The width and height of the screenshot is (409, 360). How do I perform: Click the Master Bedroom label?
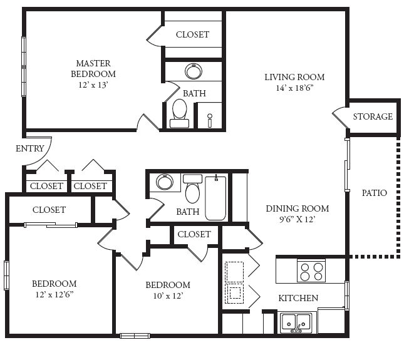tap(93, 69)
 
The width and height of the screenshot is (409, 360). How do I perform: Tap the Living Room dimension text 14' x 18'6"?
tap(294, 88)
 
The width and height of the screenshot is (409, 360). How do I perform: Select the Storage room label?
tap(373, 116)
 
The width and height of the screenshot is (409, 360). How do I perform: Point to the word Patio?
tap(375, 193)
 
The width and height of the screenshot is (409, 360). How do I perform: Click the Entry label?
tap(30, 148)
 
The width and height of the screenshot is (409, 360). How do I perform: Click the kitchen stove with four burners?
tap(311, 271)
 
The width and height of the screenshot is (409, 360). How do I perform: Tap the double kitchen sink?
tap(296, 323)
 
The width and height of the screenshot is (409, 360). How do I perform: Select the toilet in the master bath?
tap(180, 113)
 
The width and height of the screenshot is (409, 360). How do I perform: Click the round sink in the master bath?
tap(194, 71)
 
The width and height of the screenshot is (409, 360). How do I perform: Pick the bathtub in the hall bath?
tap(215, 198)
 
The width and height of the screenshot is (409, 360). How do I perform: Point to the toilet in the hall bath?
tap(192, 188)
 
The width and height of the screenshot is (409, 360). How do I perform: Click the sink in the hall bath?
tap(165, 182)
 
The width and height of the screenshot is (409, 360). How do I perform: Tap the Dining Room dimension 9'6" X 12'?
tap(298, 220)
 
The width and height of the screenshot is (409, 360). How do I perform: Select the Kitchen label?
tap(298, 298)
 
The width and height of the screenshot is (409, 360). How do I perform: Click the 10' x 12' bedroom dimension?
tap(168, 296)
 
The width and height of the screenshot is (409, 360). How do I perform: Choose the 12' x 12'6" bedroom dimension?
tap(54, 294)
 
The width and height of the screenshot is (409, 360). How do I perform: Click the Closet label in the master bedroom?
tap(192, 34)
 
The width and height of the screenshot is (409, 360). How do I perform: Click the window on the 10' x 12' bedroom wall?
tap(135, 336)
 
